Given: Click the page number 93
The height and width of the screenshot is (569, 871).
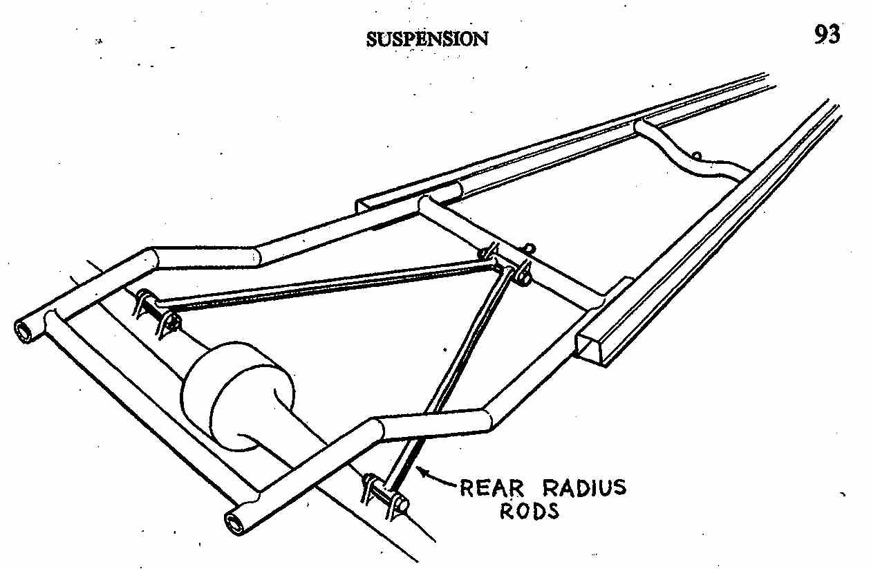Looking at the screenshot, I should point(826,34).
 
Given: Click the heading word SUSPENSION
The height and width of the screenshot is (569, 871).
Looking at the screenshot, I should point(427,39).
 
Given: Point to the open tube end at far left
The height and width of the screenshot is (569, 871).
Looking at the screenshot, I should point(26,331).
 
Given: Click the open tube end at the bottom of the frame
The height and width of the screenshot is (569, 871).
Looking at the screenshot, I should point(238,524).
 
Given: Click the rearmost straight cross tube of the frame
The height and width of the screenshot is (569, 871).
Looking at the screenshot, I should point(149,401).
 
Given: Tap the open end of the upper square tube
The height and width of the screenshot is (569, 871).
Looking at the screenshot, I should point(368,205).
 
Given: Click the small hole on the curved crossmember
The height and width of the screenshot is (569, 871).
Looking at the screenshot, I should point(697,156).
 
